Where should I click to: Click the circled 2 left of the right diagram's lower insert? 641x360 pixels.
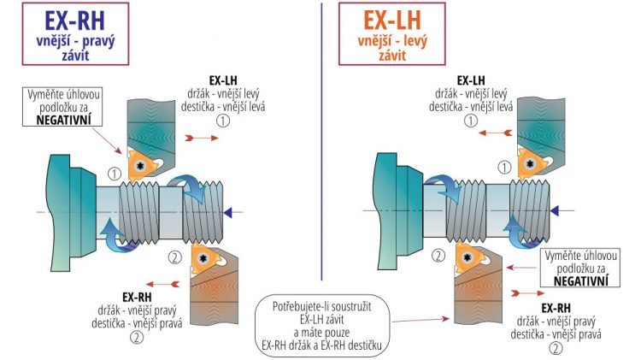(x=437, y=255)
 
